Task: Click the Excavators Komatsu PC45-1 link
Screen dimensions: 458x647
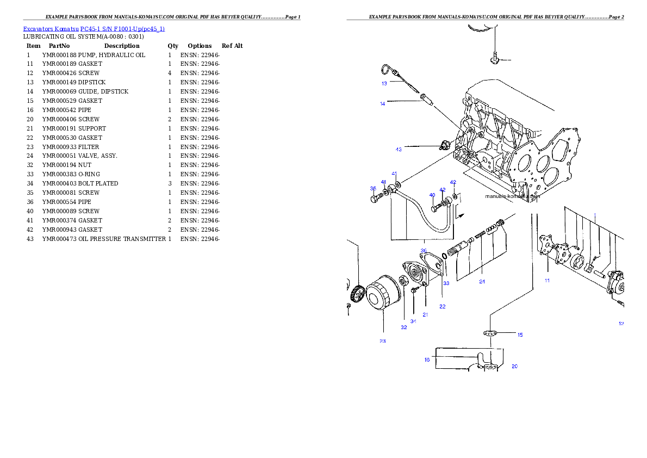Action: point(94,28)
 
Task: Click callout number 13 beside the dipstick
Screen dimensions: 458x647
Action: point(384,84)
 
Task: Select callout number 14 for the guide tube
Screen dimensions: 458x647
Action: point(383,103)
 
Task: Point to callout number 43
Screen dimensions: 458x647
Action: point(399,149)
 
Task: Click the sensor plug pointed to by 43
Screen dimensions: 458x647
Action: point(444,145)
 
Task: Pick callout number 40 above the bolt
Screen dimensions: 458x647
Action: point(432,195)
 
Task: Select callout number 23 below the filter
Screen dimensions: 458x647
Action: point(383,341)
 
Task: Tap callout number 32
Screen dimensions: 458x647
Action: point(404,327)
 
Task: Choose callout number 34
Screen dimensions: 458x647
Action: point(413,321)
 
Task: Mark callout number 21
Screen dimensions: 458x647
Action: point(425,314)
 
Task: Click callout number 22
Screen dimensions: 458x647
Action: point(443,307)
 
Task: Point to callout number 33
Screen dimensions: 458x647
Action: point(446,283)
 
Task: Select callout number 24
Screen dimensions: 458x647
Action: point(482,282)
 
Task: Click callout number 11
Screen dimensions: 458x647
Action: point(548,281)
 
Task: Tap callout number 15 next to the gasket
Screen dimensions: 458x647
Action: point(520,335)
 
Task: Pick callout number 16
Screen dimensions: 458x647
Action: point(427,360)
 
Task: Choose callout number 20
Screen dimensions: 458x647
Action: point(514,367)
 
